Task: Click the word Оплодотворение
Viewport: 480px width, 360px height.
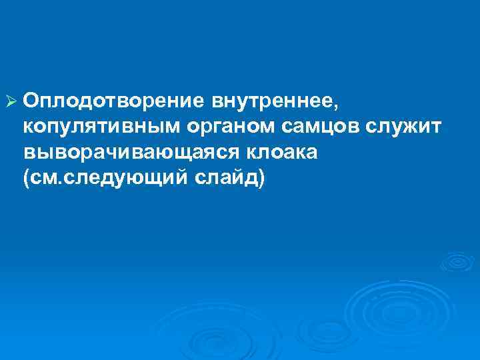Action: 115,102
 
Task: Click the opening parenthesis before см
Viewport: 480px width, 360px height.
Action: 25,179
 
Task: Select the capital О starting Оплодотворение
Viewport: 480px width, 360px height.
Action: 30,102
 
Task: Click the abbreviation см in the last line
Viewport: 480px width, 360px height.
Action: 41,179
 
